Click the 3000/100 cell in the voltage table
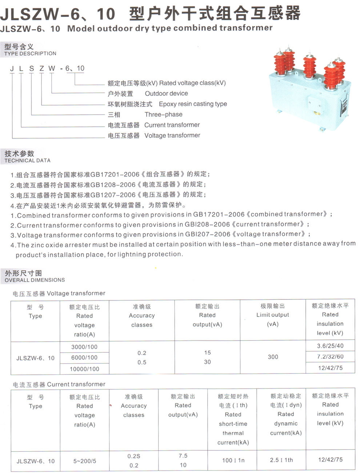tap(84, 347)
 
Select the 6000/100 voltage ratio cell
tap(84, 358)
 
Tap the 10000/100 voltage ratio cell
tap(84, 369)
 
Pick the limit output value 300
tap(273, 357)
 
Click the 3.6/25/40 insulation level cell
tap(330, 346)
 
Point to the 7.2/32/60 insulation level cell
tap(330, 357)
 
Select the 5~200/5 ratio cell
tap(85, 461)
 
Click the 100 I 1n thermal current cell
tap(233, 460)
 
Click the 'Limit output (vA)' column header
tap(273, 315)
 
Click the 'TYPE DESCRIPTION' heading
tap(30, 53)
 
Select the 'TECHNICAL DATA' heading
tap(27, 160)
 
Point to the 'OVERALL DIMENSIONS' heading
tap(35, 280)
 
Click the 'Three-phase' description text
tap(163, 115)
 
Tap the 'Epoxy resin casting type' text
tap(193, 104)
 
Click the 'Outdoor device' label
tap(166, 94)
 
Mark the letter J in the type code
tap(12, 68)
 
